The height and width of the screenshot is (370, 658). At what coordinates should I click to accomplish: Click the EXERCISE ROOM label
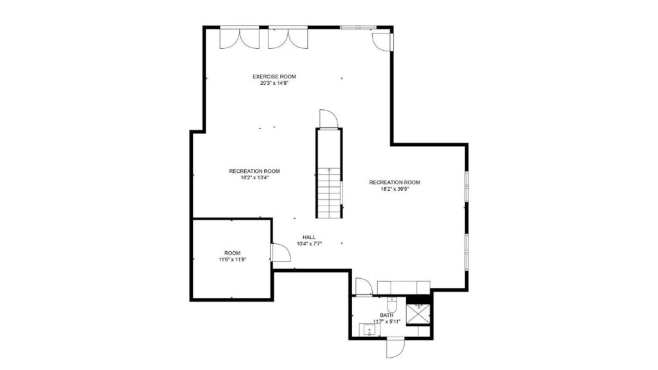coord(274,76)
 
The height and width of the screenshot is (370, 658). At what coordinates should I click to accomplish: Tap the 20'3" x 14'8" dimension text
coord(274,83)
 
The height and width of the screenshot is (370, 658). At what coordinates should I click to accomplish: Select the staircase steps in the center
coord(329,192)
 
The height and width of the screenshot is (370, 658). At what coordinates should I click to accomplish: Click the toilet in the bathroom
coord(391,305)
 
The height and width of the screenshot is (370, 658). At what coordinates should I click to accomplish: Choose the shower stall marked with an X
coord(418,314)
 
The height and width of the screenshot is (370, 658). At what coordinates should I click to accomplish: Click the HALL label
coord(309,237)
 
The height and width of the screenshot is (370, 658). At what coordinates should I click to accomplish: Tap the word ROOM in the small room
coord(232,253)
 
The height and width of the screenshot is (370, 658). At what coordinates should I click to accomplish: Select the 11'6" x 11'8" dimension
coord(232,260)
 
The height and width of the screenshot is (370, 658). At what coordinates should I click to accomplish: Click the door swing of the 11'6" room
coord(281,252)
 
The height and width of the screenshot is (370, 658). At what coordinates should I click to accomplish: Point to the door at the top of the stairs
coord(328,118)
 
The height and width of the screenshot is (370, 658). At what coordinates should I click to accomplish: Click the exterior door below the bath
coord(395,348)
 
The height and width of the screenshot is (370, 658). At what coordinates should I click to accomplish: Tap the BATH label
coord(386,315)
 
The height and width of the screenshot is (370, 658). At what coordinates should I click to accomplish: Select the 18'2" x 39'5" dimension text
coord(395,189)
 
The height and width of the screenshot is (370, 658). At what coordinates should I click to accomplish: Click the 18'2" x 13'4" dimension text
coord(254,177)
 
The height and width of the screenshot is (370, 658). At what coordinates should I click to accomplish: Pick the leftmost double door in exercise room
coord(240,38)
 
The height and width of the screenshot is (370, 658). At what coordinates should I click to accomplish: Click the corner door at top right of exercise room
coord(383,42)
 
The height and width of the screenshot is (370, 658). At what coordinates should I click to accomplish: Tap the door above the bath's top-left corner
coord(364,287)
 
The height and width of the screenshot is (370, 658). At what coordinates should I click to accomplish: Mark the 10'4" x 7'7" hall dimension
coord(309,243)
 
